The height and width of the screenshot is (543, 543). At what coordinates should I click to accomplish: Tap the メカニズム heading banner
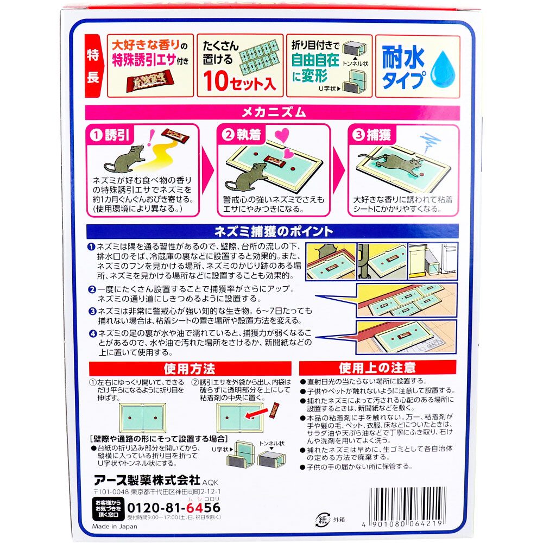click(273, 112)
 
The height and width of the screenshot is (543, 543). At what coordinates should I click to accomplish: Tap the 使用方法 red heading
click(190, 369)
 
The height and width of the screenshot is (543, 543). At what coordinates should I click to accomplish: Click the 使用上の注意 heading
click(377, 368)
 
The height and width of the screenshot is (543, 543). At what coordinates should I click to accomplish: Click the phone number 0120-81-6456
click(174, 508)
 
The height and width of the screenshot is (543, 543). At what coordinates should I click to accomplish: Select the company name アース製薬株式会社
click(147, 480)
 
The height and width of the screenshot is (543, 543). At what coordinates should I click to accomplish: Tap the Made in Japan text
click(115, 526)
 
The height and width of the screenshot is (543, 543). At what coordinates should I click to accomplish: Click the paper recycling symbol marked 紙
click(322, 520)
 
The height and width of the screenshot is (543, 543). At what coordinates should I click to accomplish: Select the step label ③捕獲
click(371, 135)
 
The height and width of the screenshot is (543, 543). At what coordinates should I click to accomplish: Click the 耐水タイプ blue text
click(404, 68)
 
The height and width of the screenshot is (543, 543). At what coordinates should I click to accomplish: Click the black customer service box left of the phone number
click(108, 509)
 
